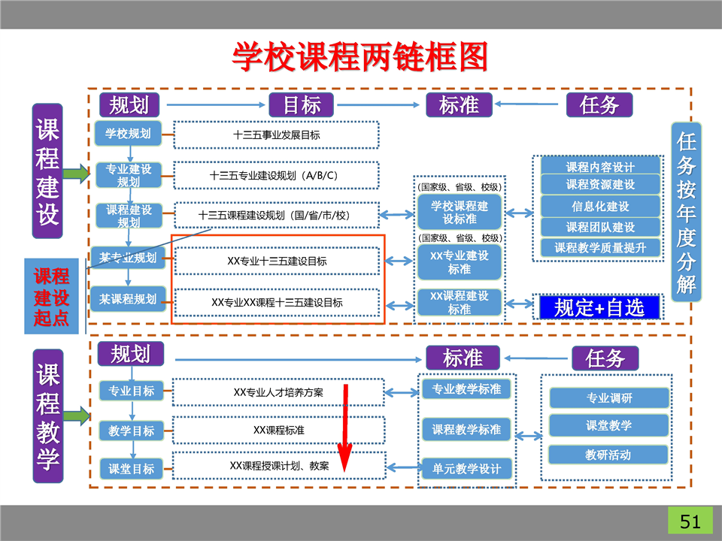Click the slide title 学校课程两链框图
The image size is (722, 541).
[360, 56]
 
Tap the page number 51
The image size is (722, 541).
[690, 521]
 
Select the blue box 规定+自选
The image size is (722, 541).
[599, 307]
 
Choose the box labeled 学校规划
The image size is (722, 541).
[128, 134]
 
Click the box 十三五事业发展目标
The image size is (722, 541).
[276, 135]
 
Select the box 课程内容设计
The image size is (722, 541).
[600, 166]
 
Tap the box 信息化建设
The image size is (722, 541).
[600, 206]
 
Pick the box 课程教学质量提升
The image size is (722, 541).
[600, 246]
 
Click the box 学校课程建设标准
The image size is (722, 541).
[460, 212]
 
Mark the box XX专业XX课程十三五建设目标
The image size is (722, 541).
[277, 302]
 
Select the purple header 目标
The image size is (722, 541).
[301, 104]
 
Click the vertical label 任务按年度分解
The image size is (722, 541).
[686, 212]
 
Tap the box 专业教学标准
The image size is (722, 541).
[466, 389]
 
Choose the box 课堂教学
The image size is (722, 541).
[608, 425]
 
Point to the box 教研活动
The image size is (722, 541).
[608, 455]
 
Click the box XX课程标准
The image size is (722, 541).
[278, 430]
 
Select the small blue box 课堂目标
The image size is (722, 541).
[131, 468]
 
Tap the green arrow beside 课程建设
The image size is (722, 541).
[75, 174]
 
